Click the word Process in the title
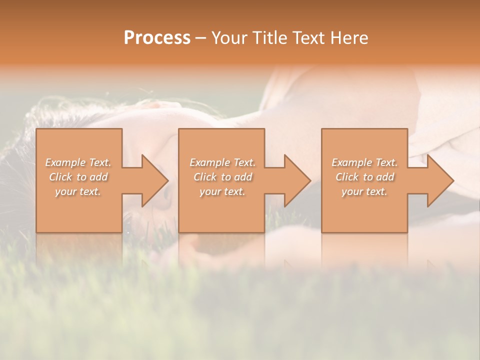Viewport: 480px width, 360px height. (157, 38)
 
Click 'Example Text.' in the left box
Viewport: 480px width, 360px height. (78, 162)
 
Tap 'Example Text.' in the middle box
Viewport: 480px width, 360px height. (222, 162)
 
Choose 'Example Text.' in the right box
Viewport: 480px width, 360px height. (364, 162)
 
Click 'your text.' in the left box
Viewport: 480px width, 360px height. (78, 191)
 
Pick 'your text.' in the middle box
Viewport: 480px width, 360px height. (222, 191)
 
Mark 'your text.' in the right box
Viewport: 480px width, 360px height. (364, 191)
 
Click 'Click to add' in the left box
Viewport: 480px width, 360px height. (78, 177)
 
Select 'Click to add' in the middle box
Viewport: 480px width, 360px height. (222, 177)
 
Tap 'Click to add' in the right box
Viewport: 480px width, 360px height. (364, 177)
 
